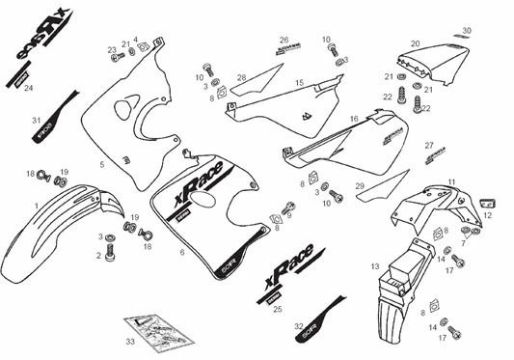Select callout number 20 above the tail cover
[415, 44]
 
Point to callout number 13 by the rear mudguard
[373, 264]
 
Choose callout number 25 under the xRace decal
[277, 310]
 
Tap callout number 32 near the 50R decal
[299, 326]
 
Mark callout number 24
[28, 88]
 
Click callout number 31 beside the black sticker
[36, 120]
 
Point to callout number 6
[181, 252]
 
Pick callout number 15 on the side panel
[299, 83]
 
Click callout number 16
[354, 120]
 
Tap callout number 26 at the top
[285, 40]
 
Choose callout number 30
[467, 31]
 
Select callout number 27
[429, 146]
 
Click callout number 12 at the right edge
[487, 216]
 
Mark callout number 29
[359, 184]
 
